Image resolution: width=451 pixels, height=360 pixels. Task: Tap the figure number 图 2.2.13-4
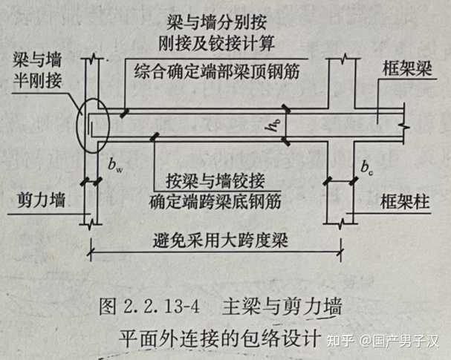point(152,306)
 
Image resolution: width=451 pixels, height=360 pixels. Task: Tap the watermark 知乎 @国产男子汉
point(389,341)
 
